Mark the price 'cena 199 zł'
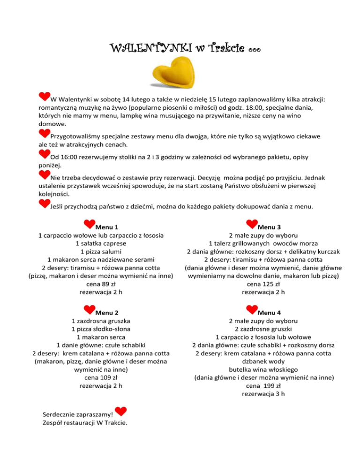click(x=263, y=385)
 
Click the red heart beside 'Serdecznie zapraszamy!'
click(x=121, y=412)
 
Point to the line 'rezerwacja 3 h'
click(x=263, y=394)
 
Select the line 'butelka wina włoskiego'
click(x=263, y=368)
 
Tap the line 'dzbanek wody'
click(x=263, y=360)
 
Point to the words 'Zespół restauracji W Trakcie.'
click(x=85, y=423)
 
